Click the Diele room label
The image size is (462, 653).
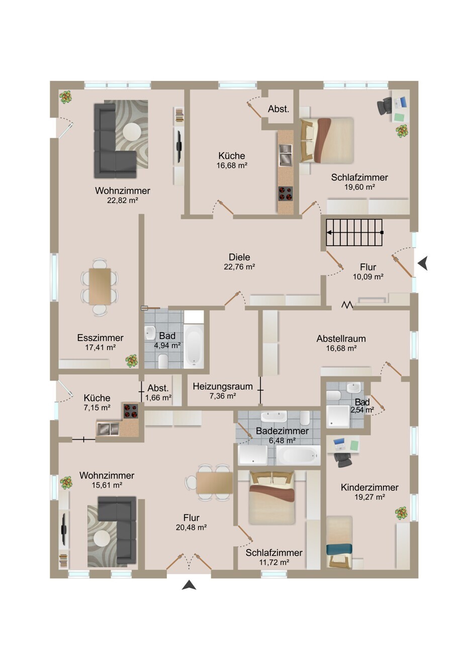(239, 257)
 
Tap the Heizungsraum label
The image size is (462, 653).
(223, 387)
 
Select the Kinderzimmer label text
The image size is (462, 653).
(369, 487)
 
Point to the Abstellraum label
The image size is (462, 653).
(341, 339)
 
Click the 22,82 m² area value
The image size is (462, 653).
(123, 200)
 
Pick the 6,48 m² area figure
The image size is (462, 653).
(282, 441)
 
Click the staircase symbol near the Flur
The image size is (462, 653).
(354, 233)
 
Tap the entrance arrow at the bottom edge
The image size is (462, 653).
(189, 585)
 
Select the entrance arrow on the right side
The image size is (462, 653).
(423, 264)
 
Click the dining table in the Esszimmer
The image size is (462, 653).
(100, 286)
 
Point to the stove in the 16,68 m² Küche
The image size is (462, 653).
(285, 193)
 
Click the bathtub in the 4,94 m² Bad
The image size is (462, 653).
(194, 347)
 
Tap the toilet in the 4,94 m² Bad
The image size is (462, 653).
(162, 361)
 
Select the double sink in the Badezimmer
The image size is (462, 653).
(274, 416)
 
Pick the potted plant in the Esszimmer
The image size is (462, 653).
(132, 361)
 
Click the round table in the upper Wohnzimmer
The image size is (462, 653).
(132, 132)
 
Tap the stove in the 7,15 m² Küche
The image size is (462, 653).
(130, 411)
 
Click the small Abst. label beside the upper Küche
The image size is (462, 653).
(279, 109)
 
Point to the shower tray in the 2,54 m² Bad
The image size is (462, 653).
(337, 416)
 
